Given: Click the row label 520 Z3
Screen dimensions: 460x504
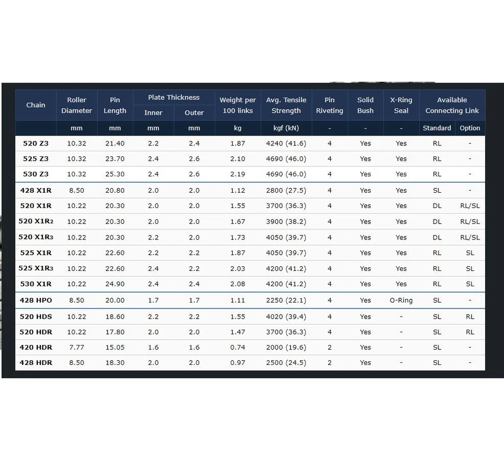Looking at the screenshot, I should pos(36,143).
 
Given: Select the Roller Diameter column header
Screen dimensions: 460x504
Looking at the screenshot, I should pos(77,105).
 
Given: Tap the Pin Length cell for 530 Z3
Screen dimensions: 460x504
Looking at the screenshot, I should pos(115,174).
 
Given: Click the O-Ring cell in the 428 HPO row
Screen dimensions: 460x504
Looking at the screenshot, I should pos(401,300).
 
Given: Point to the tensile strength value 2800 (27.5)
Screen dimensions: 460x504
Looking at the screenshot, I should pos(286,190).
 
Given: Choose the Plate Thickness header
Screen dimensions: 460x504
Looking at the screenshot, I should pos(174,97).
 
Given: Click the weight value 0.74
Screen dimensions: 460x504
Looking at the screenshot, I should pos(238,347).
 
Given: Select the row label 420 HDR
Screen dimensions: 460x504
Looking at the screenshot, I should pos(36,347).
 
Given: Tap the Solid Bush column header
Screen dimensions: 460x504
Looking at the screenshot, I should pos(365,105).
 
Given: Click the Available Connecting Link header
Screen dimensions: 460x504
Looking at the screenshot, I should pos(452,105).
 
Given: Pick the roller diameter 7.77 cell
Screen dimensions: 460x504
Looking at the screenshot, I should pos(77,347).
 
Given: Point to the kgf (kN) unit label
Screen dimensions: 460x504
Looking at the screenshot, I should pos(286,128).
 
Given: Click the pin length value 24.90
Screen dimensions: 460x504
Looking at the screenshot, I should pos(115,284).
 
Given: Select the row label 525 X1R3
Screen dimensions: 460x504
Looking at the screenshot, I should pos(36,268).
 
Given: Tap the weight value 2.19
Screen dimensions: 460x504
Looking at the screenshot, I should pos(238,174).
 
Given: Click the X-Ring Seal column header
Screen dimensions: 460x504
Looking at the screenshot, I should pos(401,105).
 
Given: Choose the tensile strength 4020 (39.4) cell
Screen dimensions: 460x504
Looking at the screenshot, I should pos(286,317).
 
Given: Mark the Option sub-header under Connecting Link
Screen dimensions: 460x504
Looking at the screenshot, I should pos(470,128).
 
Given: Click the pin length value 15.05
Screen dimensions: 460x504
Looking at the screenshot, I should pos(115,347).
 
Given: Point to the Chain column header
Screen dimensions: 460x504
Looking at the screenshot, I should pos(36,105).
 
